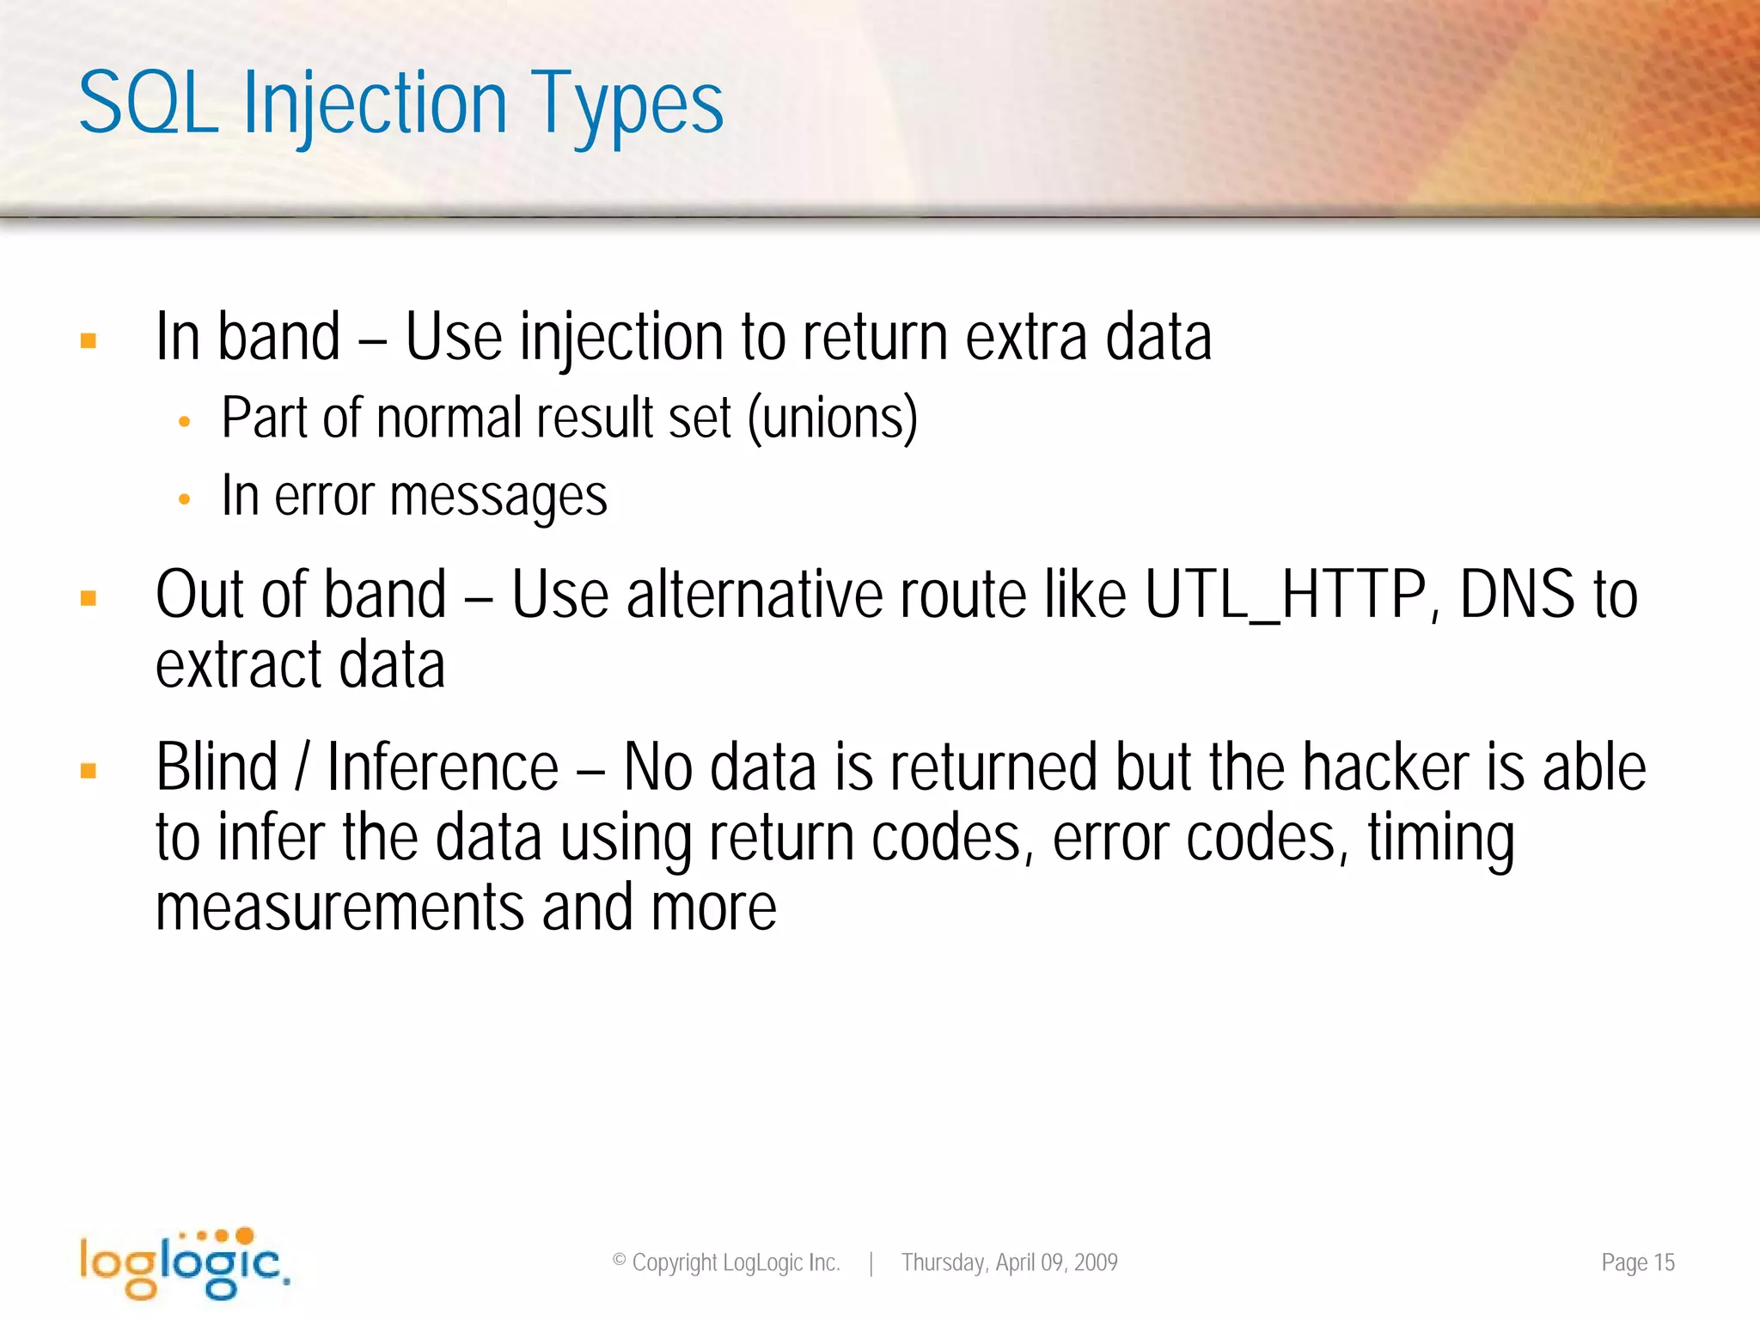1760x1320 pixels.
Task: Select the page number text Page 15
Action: coord(1637,1262)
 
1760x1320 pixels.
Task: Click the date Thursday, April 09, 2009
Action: coord(1009,1262)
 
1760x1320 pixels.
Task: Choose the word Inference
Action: coord(443,767)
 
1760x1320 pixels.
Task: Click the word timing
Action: coord(1440,839)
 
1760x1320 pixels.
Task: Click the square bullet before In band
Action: coord(88,341)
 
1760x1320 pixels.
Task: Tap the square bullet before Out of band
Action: coord(88,598)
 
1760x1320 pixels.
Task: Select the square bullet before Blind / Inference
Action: coord(88,771)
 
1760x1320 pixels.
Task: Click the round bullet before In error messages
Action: coord(184,499)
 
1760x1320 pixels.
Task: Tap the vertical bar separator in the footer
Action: coord(871,1263)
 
